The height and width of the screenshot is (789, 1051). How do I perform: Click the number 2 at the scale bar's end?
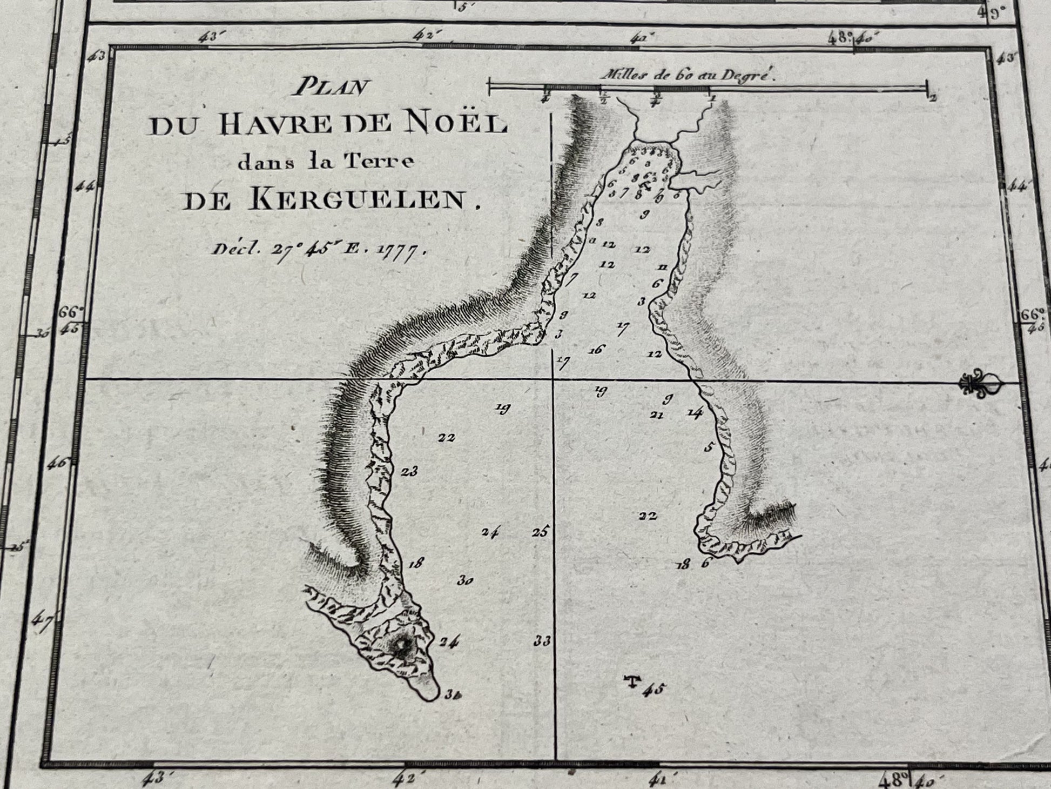click(933, 98)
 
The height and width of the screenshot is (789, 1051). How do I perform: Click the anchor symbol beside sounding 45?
click(631, 682)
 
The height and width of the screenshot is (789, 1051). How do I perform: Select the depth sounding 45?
click(655, 690)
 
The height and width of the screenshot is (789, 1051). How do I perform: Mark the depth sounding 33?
click(542, 641)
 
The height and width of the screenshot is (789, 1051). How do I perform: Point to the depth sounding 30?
click(465, 581)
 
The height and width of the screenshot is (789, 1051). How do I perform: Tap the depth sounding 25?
click(540, 532)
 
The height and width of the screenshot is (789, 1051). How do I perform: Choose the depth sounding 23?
click(409, 472)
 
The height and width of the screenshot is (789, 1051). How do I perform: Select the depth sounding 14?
click(694, 414)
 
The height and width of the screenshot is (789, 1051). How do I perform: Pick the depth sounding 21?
click(656, 415)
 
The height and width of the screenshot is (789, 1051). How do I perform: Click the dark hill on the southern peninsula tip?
click(401, 647)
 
